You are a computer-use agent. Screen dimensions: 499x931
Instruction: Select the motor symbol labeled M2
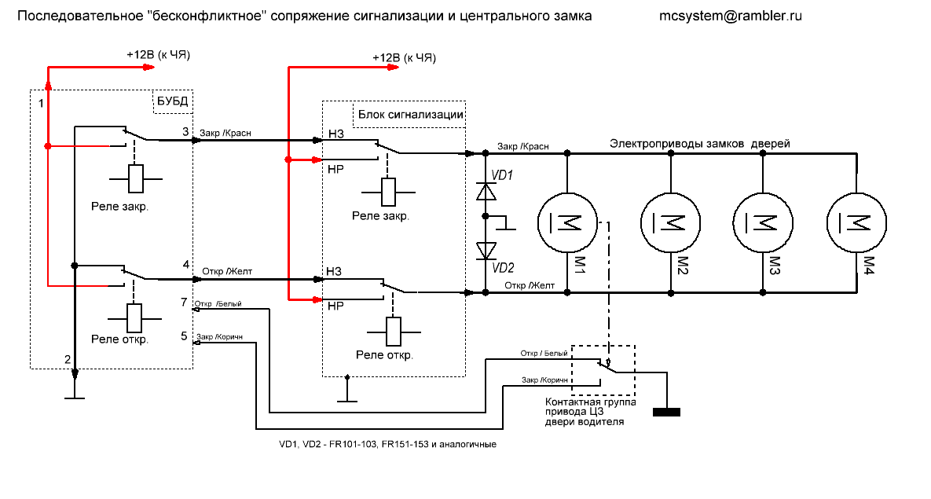point(670,223)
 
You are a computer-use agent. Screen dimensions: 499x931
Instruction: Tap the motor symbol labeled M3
point(762,223)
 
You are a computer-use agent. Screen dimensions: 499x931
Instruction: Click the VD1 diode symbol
point(487,192)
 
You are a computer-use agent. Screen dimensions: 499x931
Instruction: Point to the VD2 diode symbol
point(487,250)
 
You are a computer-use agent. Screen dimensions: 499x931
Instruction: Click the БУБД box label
point(172,100)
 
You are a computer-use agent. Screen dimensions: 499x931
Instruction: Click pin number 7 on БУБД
point(184,303)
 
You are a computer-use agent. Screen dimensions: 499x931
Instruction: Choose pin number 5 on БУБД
point(184,336)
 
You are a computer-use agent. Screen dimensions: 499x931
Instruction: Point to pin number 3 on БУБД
point(185,131)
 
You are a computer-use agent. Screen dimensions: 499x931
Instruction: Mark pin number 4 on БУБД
point(185,266)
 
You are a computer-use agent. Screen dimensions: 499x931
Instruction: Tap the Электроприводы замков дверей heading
point(700,144)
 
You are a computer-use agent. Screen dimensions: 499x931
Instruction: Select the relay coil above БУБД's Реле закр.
point(135,179)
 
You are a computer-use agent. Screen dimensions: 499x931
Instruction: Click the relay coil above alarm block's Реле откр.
point(393,330)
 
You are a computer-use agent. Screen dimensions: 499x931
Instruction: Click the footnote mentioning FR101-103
point(388,445)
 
